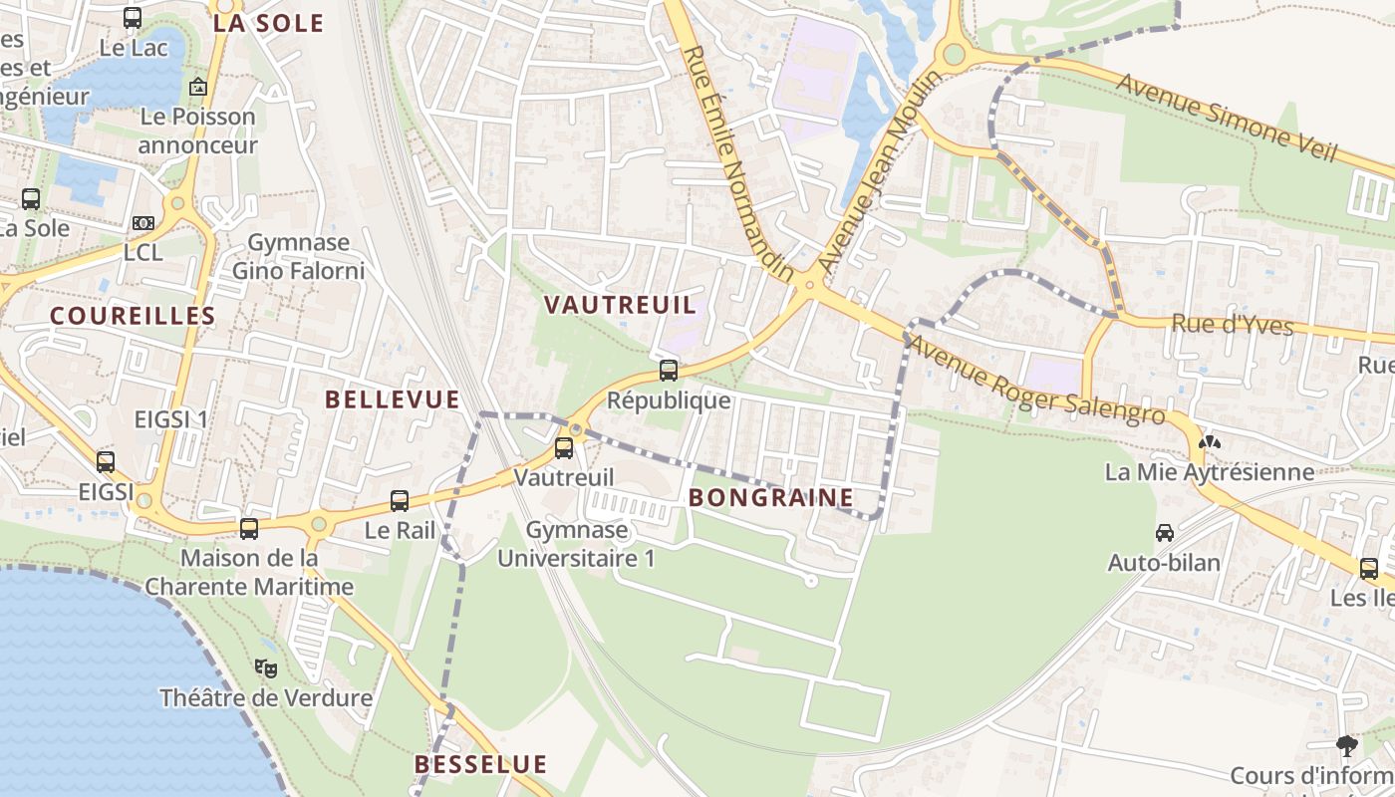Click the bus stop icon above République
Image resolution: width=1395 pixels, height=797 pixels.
(668, 371)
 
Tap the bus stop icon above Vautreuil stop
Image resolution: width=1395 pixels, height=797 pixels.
(564, 447)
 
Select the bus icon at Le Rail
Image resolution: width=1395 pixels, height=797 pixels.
(400, 500)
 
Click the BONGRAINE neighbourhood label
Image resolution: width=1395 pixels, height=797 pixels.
(770, 497)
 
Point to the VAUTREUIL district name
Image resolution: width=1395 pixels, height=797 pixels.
(619, 305)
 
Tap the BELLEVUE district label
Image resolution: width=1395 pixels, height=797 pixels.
(393, 399)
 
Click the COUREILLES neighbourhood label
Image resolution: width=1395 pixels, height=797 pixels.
(133, 316)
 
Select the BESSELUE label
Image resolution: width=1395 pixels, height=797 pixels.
(480, 764)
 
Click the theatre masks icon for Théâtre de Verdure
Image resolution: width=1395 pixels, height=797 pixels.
(265, 667)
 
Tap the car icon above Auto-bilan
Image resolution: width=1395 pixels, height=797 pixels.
(1164, 533)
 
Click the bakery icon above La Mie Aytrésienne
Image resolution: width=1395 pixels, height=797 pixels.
(1209, 441)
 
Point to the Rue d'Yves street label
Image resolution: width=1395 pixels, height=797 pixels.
(1232, 325)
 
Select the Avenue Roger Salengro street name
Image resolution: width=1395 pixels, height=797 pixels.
(1036, 381)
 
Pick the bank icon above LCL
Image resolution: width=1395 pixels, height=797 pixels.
(143, 223)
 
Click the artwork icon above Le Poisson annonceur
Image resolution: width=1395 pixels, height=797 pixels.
(197, 87)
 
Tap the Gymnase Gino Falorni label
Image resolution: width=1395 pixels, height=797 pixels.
(298, 256)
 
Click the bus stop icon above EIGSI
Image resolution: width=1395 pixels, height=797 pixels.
(106, 461)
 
